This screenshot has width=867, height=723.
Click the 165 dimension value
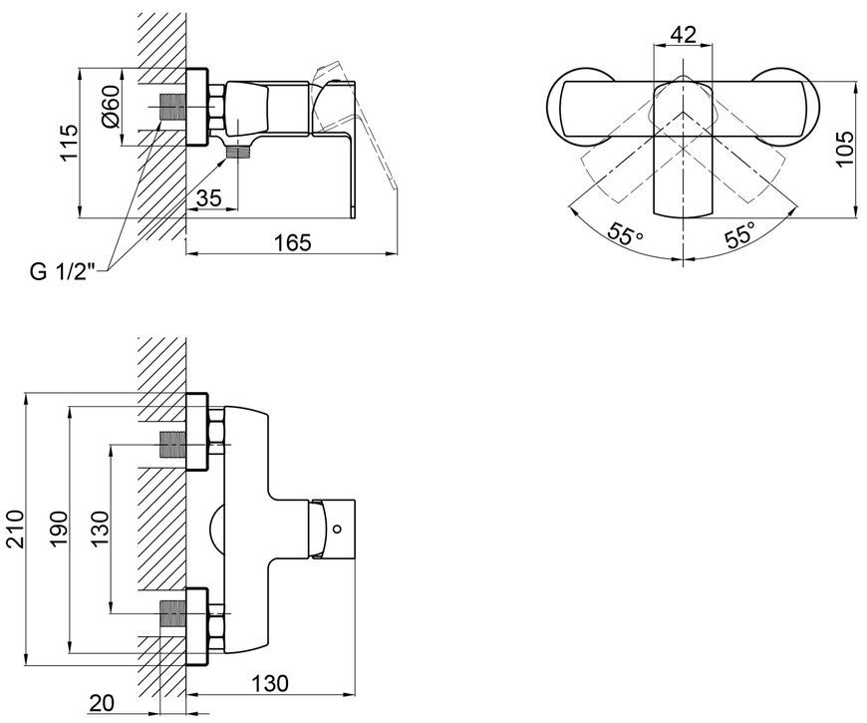coord(292,242)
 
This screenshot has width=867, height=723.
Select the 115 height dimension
coord(69,143)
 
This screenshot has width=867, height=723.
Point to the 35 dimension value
coord(208,197)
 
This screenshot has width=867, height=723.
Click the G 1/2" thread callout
coord(62,271)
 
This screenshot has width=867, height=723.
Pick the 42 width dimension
coord(683,35)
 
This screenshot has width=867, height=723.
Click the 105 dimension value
coord(844,149)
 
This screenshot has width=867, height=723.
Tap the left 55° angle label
coord(625,234)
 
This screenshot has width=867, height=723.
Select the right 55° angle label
coord(739,234)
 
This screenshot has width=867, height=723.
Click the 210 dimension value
coord(15,529)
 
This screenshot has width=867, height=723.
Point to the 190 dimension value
coord(58,529)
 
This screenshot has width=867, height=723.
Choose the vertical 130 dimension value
coord(100,529)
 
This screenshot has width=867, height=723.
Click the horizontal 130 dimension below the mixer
coord(270,683)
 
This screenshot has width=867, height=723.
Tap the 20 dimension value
coord(102,703)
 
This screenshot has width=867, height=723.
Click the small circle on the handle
coord(337,529)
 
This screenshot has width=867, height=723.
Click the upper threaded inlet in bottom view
coord(172,445)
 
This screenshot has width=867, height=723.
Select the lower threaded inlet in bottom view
coord(172,613)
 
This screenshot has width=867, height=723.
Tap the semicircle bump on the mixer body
coord(216,529)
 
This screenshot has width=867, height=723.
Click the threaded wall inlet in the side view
coord(172,107)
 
